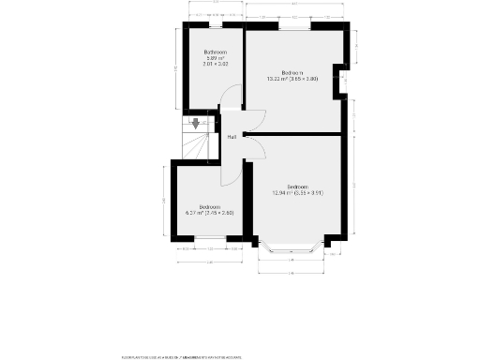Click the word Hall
231,137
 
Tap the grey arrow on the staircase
195,122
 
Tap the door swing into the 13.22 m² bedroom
254,121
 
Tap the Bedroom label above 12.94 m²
298,186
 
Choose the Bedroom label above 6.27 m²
209,206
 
